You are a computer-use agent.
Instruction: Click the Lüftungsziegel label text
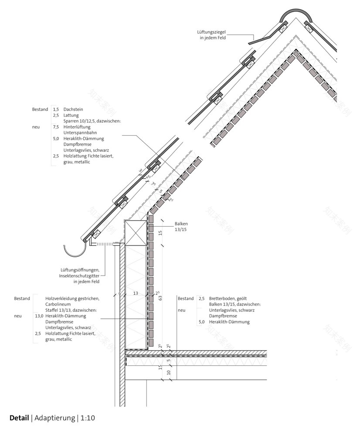pos(211,32)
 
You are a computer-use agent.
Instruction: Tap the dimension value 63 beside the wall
pos(160,298)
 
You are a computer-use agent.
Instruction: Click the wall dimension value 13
pos(136,294)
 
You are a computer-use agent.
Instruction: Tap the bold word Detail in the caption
pos(19,418)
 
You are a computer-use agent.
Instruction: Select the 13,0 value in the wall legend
pos(38,316)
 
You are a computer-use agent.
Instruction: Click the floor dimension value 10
pos(169,373)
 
